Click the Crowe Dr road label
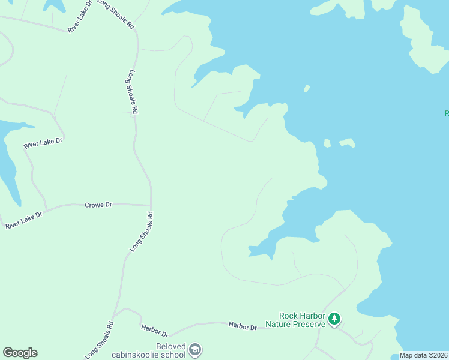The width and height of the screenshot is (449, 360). (98, 205)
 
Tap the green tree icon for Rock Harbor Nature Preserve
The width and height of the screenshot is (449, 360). (335, 319)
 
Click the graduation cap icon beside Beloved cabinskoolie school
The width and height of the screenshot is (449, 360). (194, 349)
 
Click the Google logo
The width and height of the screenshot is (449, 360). (20, 353)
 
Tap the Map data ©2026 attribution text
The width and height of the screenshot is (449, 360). (424, 355)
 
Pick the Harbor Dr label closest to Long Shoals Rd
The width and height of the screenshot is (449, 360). (155, 330)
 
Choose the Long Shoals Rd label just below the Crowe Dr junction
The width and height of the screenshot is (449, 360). (142, 231)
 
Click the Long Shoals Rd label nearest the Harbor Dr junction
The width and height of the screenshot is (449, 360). (100, 340)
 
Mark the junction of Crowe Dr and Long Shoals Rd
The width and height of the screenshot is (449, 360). (151, 205)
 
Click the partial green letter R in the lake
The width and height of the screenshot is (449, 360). (446, 113)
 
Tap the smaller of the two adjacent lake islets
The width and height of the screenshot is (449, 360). (327, 143)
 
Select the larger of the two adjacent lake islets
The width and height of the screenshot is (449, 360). (347, 143)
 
